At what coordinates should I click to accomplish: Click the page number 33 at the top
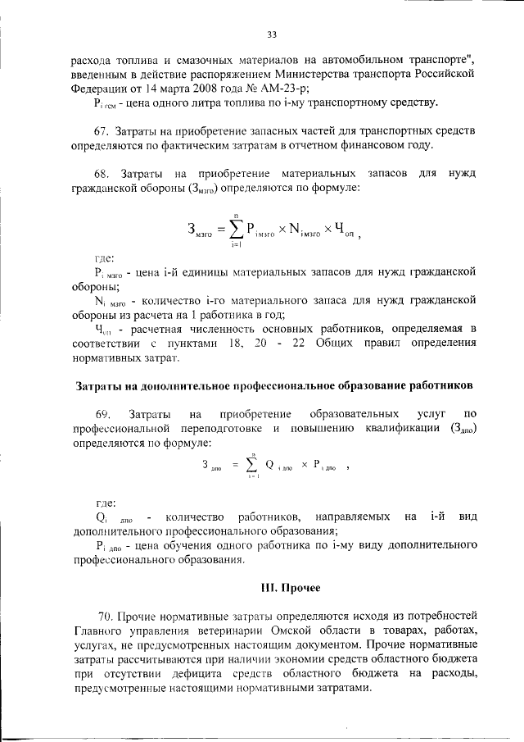pos(273,34)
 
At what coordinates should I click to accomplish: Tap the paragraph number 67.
pos(102,132)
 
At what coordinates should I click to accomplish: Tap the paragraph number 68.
pos(102,175)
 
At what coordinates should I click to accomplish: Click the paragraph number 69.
pos(102,414)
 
